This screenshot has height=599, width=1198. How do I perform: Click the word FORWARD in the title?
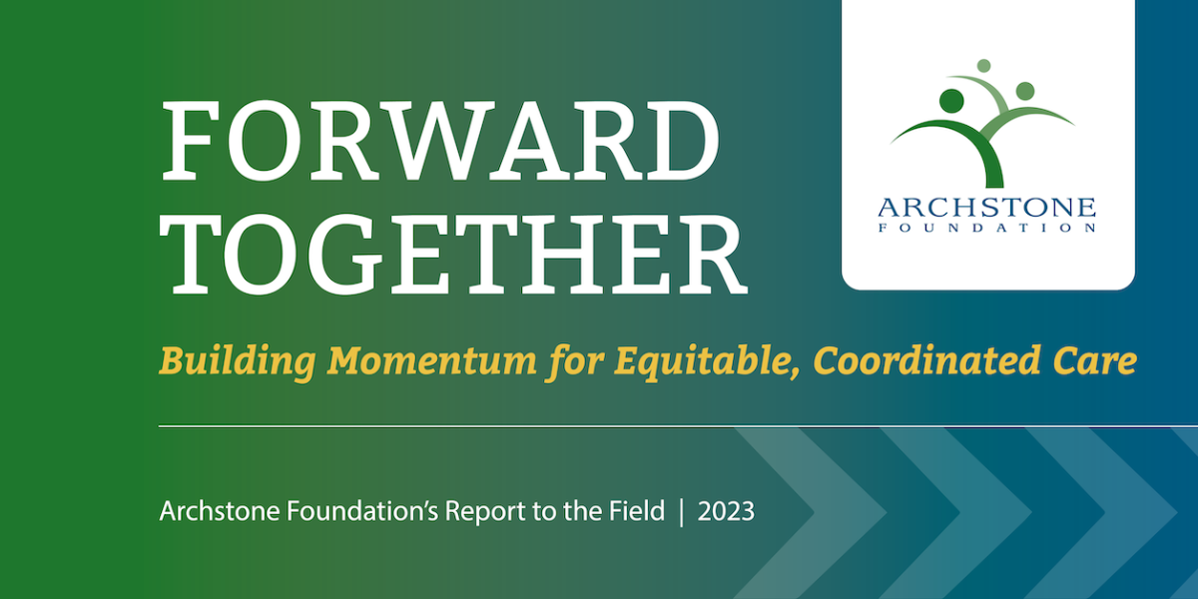pos(440,142)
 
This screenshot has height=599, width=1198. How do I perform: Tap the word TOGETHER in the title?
pos(453,255)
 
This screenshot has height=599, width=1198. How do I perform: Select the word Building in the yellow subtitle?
pos(238,362)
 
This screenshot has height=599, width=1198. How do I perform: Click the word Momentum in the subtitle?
pos(432,361)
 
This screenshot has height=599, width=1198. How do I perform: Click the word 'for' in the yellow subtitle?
pos(574,362)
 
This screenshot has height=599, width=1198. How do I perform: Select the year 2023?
pos(726,511)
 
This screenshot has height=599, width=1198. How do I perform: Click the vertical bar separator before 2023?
pos(681,512)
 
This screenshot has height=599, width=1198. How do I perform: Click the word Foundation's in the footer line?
pos(363,510)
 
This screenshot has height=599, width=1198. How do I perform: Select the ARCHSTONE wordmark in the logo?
pos(986,207)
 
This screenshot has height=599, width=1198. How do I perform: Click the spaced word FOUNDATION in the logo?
pos(986,229)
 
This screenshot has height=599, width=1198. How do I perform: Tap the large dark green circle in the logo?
pos(951,101)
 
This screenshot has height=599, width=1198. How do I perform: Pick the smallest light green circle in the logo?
pos(983,66)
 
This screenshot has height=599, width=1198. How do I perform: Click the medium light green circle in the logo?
pos(1024,91)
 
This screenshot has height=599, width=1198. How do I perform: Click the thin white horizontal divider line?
pos(678,426)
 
